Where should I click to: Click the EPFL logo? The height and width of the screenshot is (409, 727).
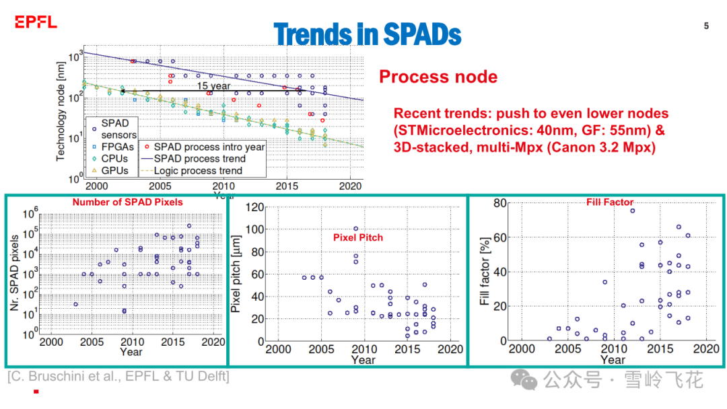(36, 23)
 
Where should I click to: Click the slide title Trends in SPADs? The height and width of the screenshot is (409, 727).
(368, 34)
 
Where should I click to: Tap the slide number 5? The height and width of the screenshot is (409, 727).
(706, 26)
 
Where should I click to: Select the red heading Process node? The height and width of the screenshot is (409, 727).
(438, 77)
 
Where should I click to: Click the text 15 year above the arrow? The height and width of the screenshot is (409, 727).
(213, 85)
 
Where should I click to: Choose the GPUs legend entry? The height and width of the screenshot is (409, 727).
(114, 170)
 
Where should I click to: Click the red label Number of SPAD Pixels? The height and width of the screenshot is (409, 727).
(127, 202)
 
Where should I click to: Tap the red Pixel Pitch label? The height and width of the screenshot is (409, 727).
(358, 237)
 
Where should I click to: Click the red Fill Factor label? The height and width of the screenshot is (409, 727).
(610, 202)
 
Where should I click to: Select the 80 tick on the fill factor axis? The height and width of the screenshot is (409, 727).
(499, 203)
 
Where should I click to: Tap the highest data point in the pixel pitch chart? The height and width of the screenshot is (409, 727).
(355, 229)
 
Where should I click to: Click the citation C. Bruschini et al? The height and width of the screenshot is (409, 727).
(118, 377)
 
